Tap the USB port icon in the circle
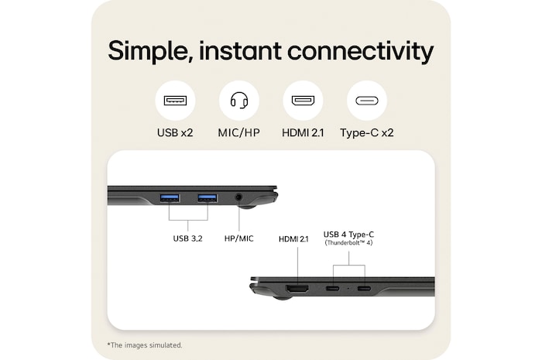click(175, 101)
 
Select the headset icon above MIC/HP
click(238, 101)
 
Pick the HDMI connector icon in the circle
click(303, 101)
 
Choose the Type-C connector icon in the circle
click(367, 101)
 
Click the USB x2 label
click(175, 132)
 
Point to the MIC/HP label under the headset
click(238, 132)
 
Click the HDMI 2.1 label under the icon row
click(303, 132)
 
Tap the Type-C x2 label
click(367, 132)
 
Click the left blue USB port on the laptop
click(170, 198)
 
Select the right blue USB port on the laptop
click(207, 198)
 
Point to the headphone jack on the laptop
click(238, 198)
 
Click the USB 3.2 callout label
click(187, 238)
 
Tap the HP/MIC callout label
click(238, 238)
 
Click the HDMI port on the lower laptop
click(297, 290)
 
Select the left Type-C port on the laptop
click(332, 290)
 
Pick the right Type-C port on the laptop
click(364, 290)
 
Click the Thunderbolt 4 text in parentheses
click(348, 244)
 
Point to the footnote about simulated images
click(145, 345)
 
